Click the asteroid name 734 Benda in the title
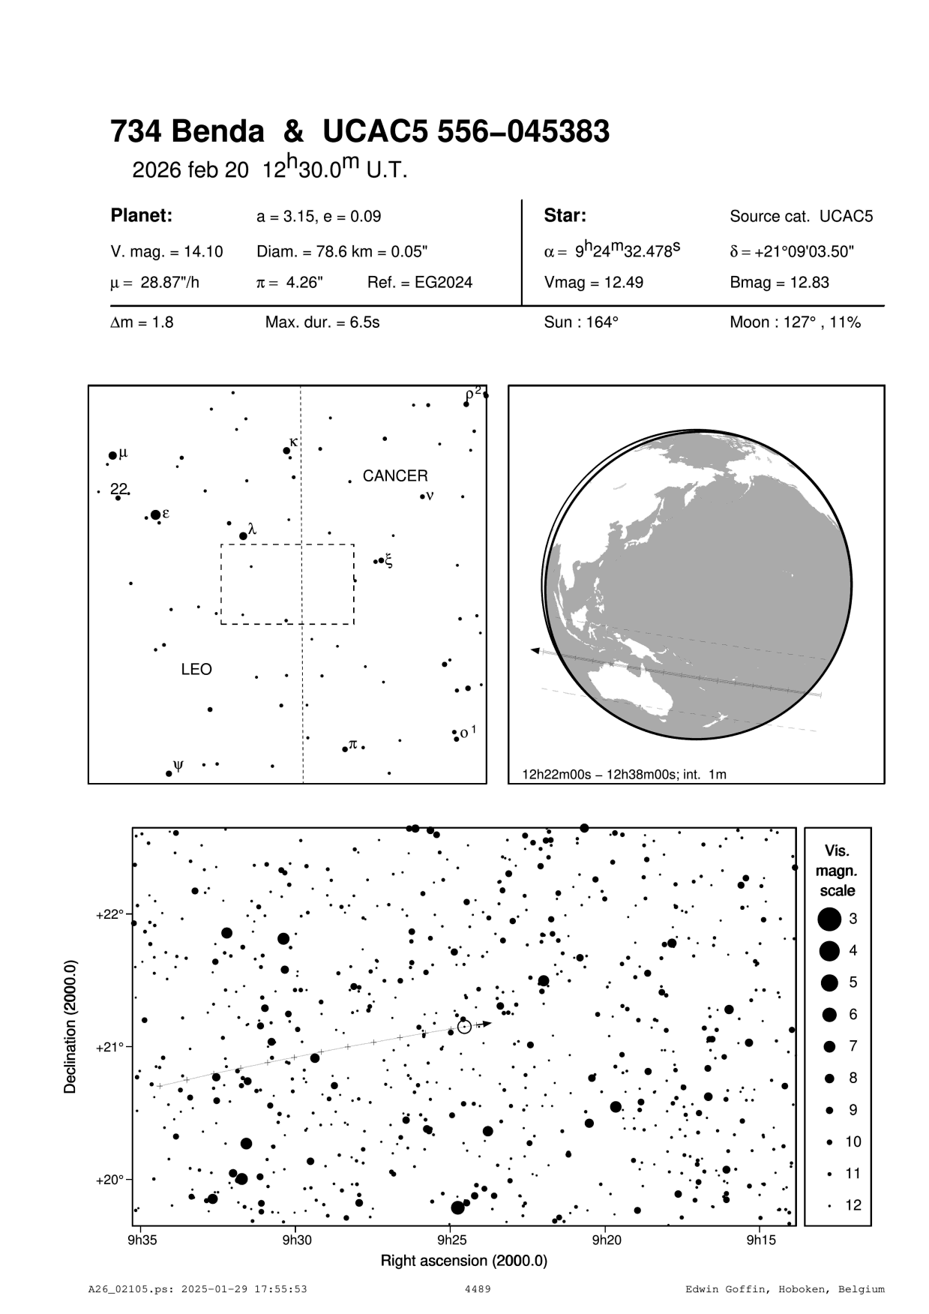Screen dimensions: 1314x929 (187, 132)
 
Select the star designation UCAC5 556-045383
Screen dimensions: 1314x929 (466, 132)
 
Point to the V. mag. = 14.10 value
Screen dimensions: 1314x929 (166, 252)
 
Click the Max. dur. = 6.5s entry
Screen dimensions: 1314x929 (322, 322)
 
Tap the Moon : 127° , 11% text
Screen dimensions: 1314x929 (795, 322)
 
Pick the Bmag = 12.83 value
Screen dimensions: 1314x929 (779, 283)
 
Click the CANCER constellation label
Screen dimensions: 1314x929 (395, 476)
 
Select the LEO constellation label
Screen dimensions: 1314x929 (196, 669)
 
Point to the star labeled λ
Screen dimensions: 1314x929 (243, 535)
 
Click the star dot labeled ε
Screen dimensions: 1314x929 (155, 514)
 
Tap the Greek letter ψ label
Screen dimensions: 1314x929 (178, 765)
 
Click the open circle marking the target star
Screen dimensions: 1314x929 (464, 1027)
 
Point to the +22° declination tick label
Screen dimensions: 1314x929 (109, 914)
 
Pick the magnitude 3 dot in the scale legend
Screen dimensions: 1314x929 (829, 918)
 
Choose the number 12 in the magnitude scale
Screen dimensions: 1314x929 (853, 1205)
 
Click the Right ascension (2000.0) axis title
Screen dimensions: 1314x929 (464, 1260)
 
